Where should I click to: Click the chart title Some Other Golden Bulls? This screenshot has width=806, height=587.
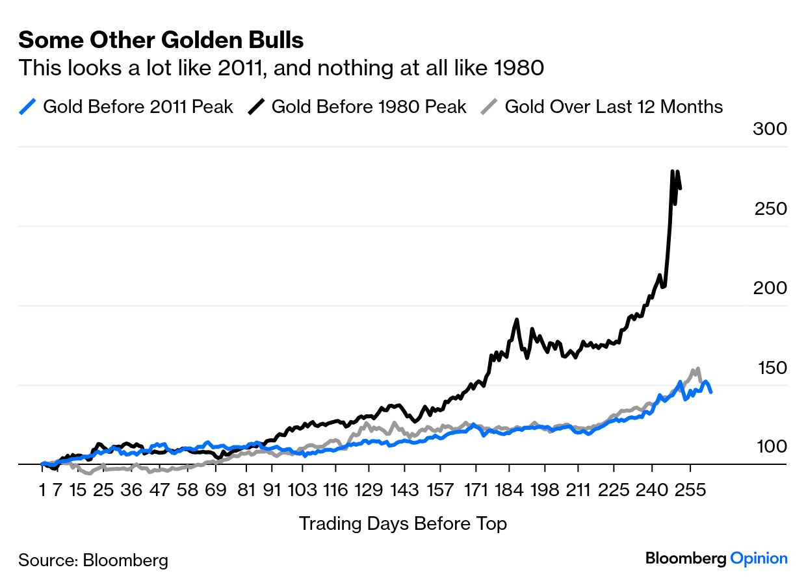tap(161, 40)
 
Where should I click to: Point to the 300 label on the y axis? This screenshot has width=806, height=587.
tap(770, 129)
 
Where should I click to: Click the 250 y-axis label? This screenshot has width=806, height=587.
tap(770, 209)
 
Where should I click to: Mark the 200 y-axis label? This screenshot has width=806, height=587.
tap(770, 288)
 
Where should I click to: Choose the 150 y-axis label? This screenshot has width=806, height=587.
tap(772, 368)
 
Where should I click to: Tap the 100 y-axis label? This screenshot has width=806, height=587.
tap(770, 447)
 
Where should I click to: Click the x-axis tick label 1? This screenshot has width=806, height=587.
tap(42, 490)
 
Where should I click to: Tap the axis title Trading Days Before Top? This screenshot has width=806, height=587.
tap(402, 523)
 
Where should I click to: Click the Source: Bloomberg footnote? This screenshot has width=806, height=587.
tap(93, 560)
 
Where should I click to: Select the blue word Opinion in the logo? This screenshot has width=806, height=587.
tap(759, 558)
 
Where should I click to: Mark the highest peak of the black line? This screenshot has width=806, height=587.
tap(671, 171)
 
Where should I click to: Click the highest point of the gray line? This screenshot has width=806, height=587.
tap(697, 368)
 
